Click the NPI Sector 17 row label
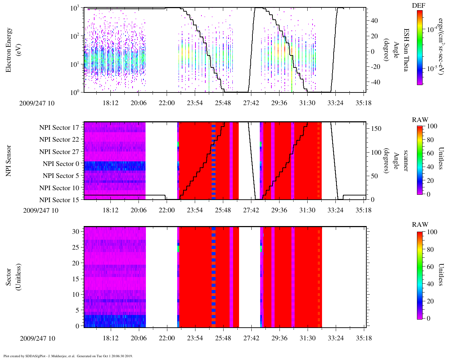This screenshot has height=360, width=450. click(59, 128)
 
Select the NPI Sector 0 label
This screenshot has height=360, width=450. click(61, 164)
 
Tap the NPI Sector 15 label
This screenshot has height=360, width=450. click(59, 200)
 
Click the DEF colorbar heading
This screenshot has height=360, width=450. click(419, 6)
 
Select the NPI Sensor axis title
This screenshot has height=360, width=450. click(8, 161)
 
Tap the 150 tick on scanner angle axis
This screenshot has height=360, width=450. click(376, 129)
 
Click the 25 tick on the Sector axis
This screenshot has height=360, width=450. click(77, 247)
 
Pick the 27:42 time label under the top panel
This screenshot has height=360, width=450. click(251, 103)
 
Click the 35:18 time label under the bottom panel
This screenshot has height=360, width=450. click(364, 338)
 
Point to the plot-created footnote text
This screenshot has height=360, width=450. click(68, 356)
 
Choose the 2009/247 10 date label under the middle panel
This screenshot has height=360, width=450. click(41, 211)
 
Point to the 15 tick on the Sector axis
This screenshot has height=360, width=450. click(77, 279)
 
